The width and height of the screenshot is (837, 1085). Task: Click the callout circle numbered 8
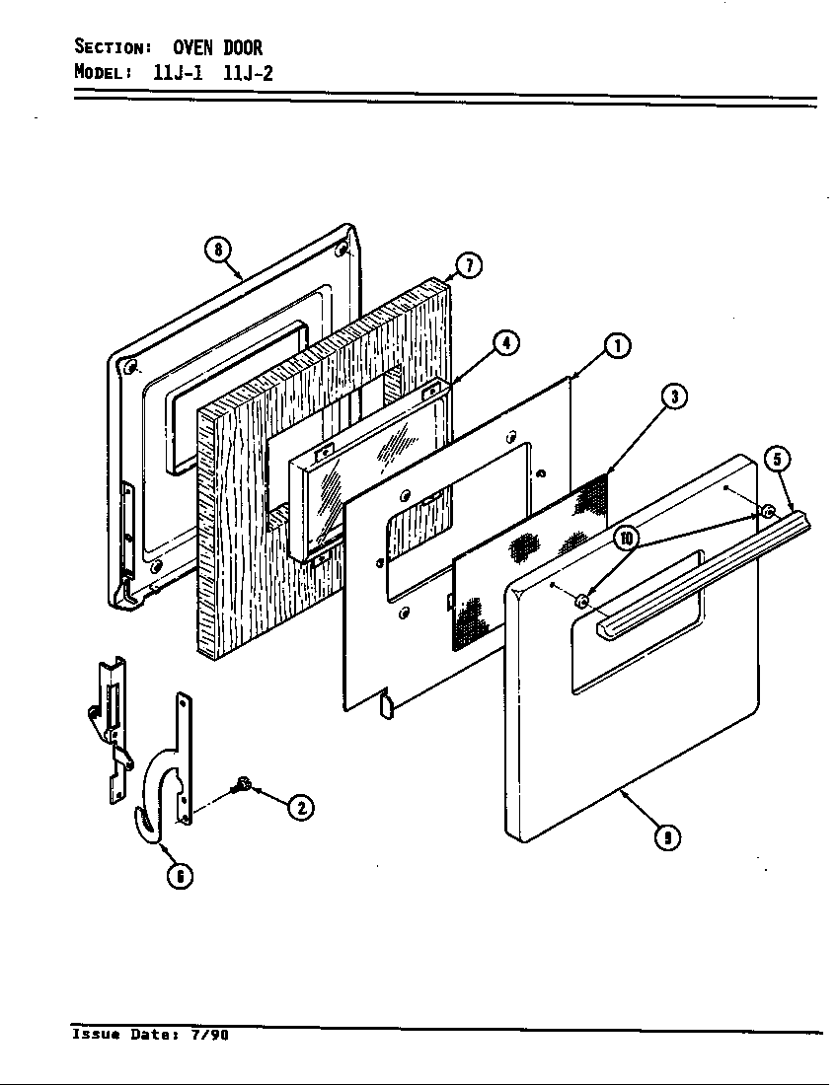(x=217, y=250)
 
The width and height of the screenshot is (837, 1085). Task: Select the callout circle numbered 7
(x=469, y=266)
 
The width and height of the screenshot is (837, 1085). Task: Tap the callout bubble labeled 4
(x=505, y=343)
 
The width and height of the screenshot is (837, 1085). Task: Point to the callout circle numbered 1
(x=618, y=345)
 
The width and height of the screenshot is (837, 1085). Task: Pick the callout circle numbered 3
(x=674, y=398)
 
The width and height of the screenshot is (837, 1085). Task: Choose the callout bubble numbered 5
(x=780, y=460)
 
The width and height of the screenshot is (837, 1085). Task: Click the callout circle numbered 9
(x=668, y=837)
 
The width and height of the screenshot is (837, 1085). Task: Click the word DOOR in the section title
(x=242, y=47)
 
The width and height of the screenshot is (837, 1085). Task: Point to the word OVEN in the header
(x=193, y=47)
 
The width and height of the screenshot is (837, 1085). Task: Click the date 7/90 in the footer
(x=207, y=1036)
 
